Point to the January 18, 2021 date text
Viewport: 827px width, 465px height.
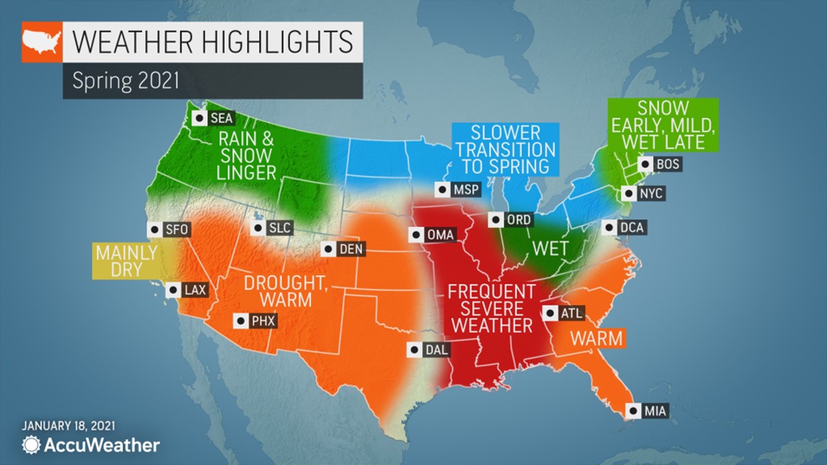(68, 426)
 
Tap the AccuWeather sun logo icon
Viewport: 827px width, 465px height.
(31, 445)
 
